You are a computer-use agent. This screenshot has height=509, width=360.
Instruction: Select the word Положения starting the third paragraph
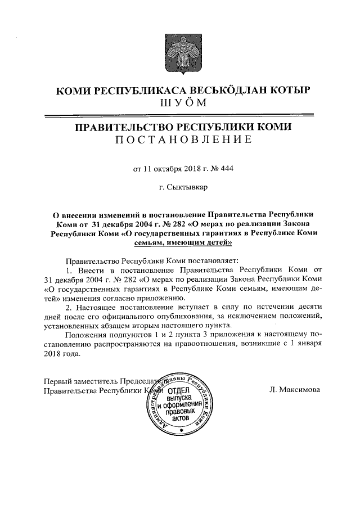click(x=85, y=335)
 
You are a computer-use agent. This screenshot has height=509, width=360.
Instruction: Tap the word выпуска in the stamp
click(x=180, y=398)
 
